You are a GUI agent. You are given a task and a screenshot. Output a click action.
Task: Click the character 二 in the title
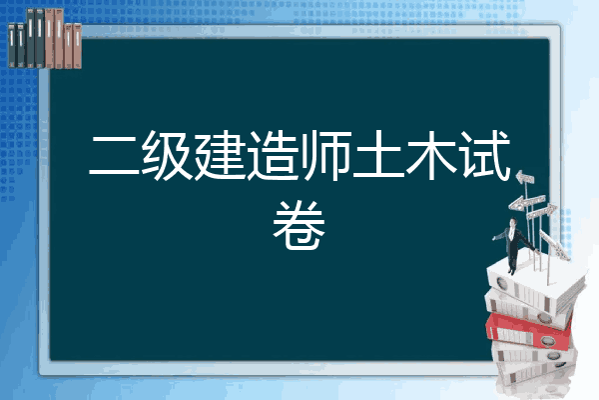115,156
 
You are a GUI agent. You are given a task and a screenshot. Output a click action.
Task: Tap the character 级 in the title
168,155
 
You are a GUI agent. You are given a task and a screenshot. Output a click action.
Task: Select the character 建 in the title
220,155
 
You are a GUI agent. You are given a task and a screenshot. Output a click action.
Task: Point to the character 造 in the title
273,155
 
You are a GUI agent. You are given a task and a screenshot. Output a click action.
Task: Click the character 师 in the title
325,155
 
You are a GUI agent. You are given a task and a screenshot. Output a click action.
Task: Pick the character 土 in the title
378,154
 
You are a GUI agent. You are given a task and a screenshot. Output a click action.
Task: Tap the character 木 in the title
431,155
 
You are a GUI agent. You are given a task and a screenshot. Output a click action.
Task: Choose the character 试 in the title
486,155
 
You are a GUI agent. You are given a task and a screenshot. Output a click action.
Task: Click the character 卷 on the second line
299,225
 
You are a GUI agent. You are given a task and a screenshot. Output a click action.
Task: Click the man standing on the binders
513,245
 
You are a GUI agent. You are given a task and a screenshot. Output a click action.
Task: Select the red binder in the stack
529,330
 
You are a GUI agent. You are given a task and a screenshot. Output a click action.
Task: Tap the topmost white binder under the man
535,285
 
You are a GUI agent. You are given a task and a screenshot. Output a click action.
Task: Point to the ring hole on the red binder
548,340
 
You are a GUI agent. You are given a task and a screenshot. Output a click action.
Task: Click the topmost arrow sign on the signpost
525,178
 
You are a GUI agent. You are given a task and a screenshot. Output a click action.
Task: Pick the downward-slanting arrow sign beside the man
553,244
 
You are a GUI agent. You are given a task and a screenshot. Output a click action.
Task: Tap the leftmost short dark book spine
11,45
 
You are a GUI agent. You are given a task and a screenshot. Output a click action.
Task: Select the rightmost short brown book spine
78,46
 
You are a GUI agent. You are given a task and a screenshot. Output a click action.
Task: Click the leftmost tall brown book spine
49,38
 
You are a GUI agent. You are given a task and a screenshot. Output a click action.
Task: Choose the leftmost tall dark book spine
30,38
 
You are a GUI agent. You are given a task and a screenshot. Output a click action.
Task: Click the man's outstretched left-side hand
495,238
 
